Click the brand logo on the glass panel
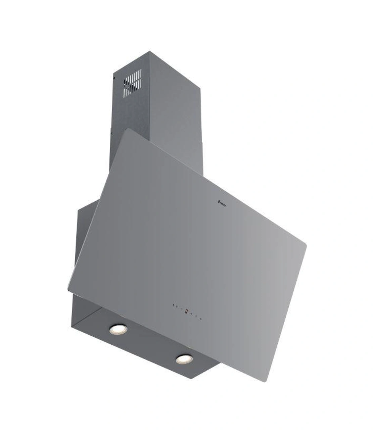click(222, 202)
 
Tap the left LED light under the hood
click(118, 329)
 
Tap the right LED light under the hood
click(184, 359)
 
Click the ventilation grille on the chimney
click(132, 83)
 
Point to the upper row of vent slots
click(133, 77)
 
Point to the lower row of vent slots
click(132, 89)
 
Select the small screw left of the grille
click(114, 78)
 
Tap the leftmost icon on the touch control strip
click(174, 305)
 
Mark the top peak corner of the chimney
click(149, 52)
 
